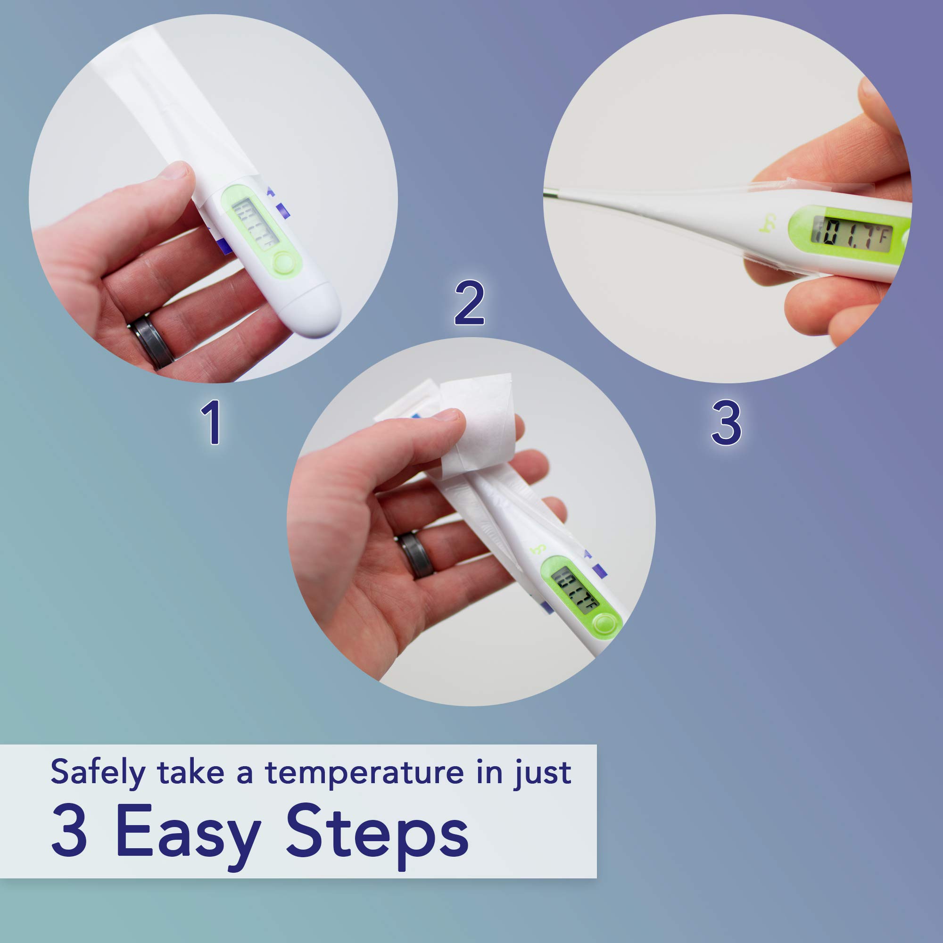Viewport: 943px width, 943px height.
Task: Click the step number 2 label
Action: (x=469, y=303)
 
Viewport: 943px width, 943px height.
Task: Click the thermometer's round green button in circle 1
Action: (x=283, y=264)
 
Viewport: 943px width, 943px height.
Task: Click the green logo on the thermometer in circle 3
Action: (x=770, y=223)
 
